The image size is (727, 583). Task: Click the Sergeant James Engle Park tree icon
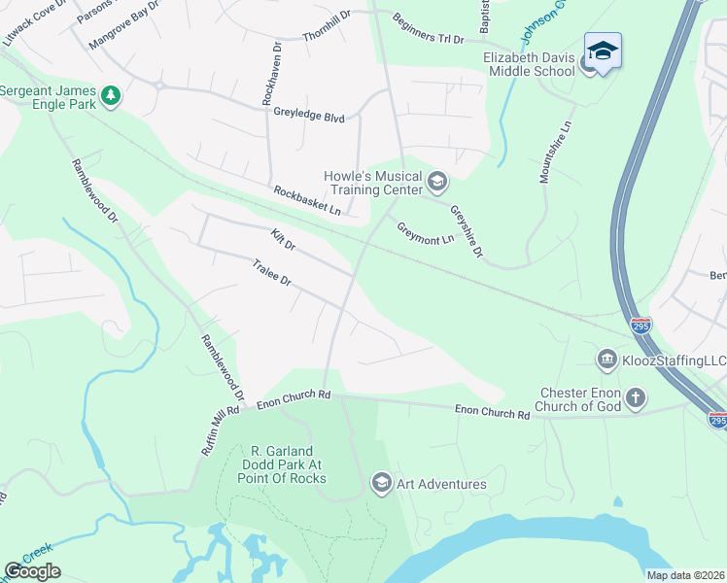pos(112,94)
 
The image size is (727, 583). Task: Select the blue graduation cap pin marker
pos(603,51)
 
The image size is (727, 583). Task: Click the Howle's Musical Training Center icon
pos(437,182)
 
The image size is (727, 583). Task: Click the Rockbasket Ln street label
pos(307,200)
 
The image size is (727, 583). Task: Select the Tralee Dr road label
pos(271,272)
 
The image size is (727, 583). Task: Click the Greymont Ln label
pos(425,233)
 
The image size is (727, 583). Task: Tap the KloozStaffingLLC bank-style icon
pos(607,360)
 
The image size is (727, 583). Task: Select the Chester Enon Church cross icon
pos(635,397)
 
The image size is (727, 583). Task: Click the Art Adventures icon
pos(381,483)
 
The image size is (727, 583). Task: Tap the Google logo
pos(32,571)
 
